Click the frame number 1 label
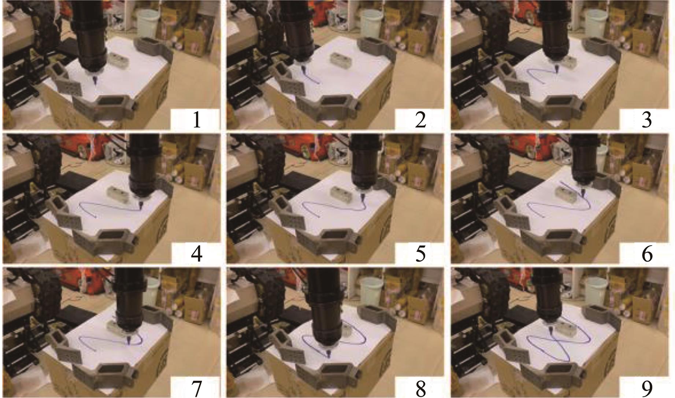click(x=197, y=120)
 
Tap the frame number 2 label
click(x=420, y=120)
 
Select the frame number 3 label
click(x=646, y=120)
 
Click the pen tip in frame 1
click(x=95, y=84)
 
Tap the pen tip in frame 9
click(x=549, y=332)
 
